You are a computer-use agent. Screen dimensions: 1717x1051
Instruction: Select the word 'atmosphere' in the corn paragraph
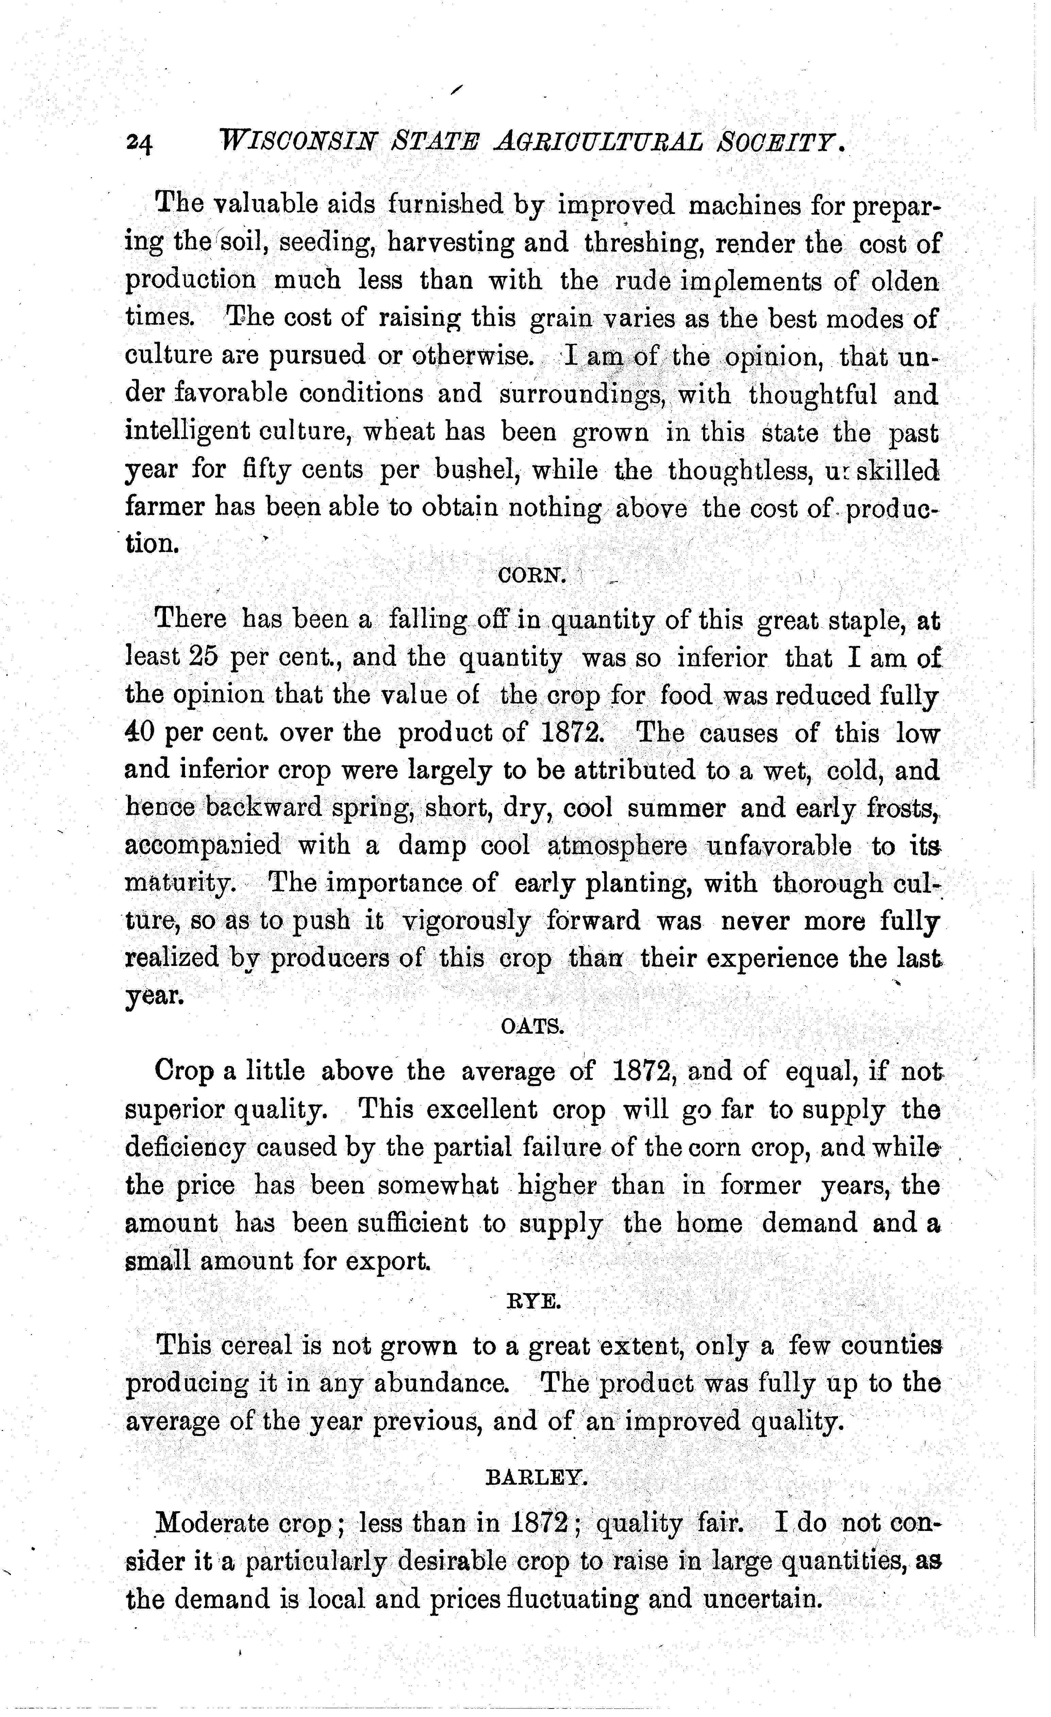617,846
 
